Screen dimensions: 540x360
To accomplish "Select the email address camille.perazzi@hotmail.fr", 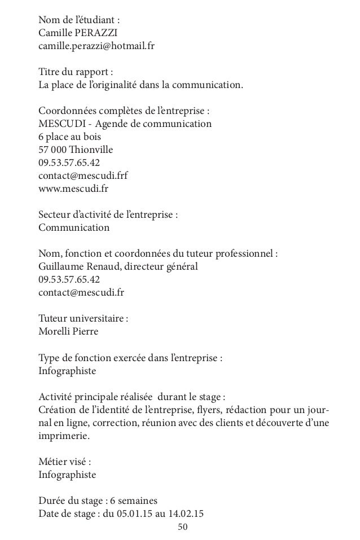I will (x=95, y=45).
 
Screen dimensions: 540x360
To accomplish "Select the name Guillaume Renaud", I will (x=76, y=266).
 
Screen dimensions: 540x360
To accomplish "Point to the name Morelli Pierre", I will (x=68, y=331).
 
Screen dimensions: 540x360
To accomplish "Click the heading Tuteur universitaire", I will (x=83, y=318).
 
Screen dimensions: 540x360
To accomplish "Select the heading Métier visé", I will (x=64, y=462).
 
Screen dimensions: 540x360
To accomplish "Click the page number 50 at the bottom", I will (x=182, y=527).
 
